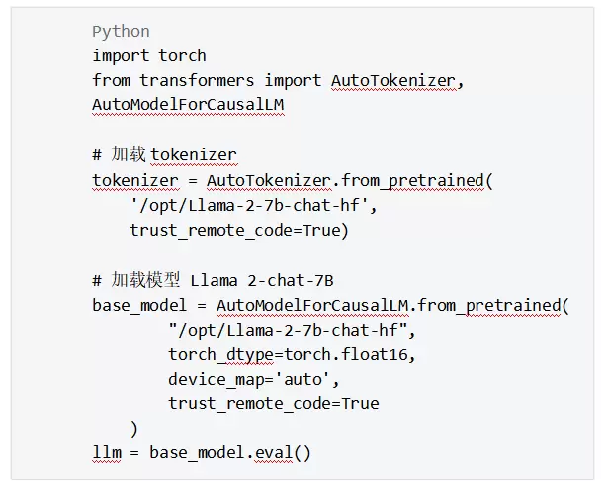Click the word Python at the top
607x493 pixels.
coord(121,32)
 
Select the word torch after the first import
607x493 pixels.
coord(183,56)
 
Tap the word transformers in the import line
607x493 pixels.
coord(196,80)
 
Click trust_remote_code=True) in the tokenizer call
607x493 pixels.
coord(239,230)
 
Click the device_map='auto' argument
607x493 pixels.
coord(253,379)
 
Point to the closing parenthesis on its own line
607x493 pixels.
coord(134,428)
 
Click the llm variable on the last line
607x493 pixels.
coord(106,453)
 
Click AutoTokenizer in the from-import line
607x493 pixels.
coord(393,80)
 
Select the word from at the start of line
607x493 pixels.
coord(111,80)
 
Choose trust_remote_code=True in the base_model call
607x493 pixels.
coord(273,404)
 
